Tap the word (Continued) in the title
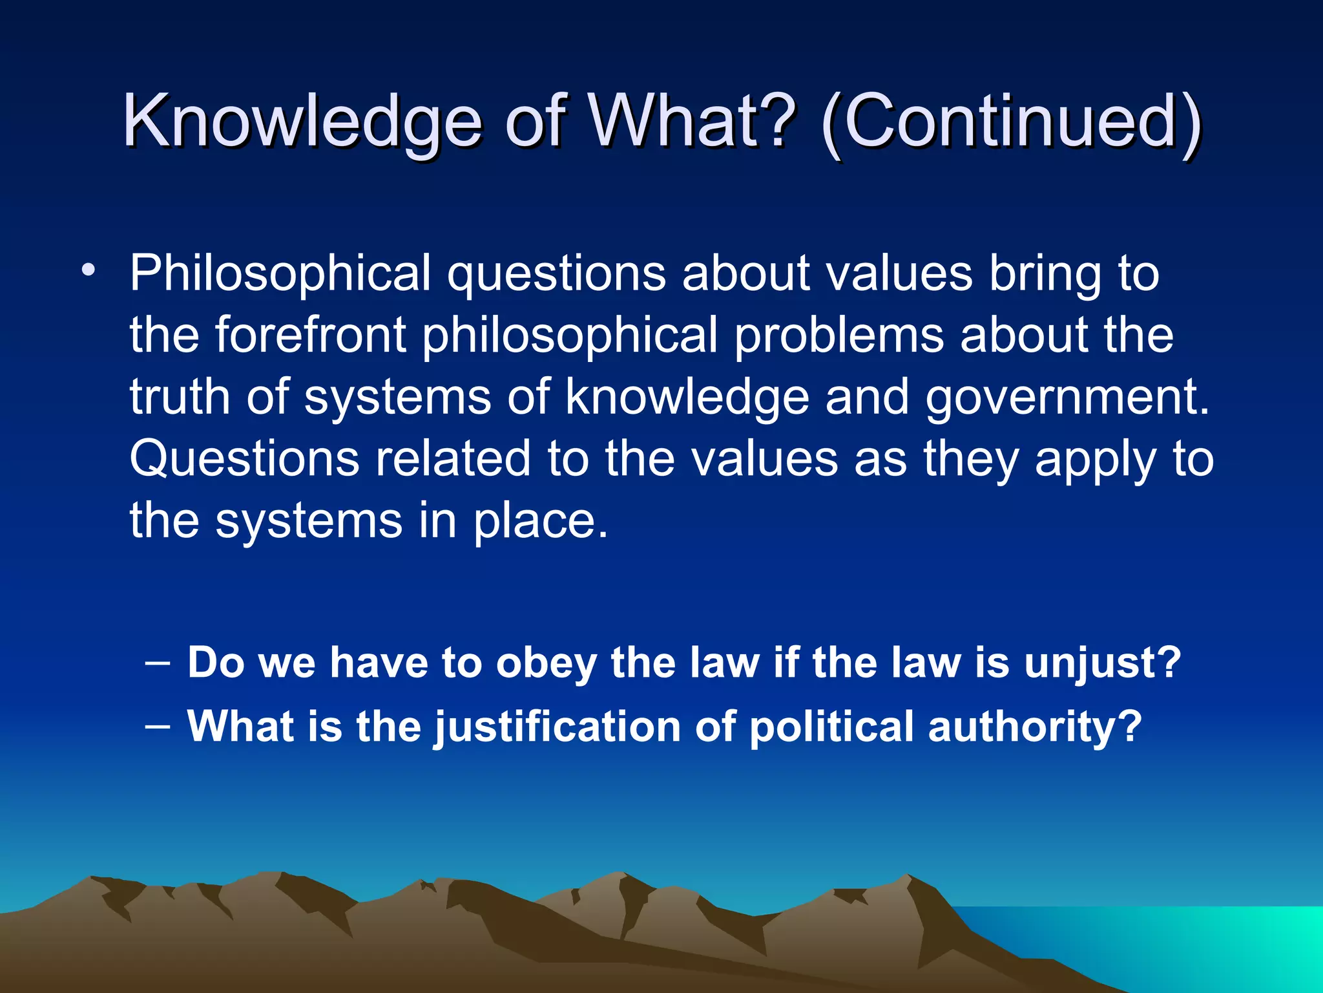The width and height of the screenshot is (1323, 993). [x=1011, y=122]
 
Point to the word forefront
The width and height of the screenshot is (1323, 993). [x=310, y=335]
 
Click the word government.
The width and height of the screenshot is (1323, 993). [x=1067, y=397]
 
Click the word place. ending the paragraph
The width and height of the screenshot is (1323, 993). [x=541, y=521]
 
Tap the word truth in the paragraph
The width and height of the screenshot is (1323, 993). [x=180, y=397]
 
